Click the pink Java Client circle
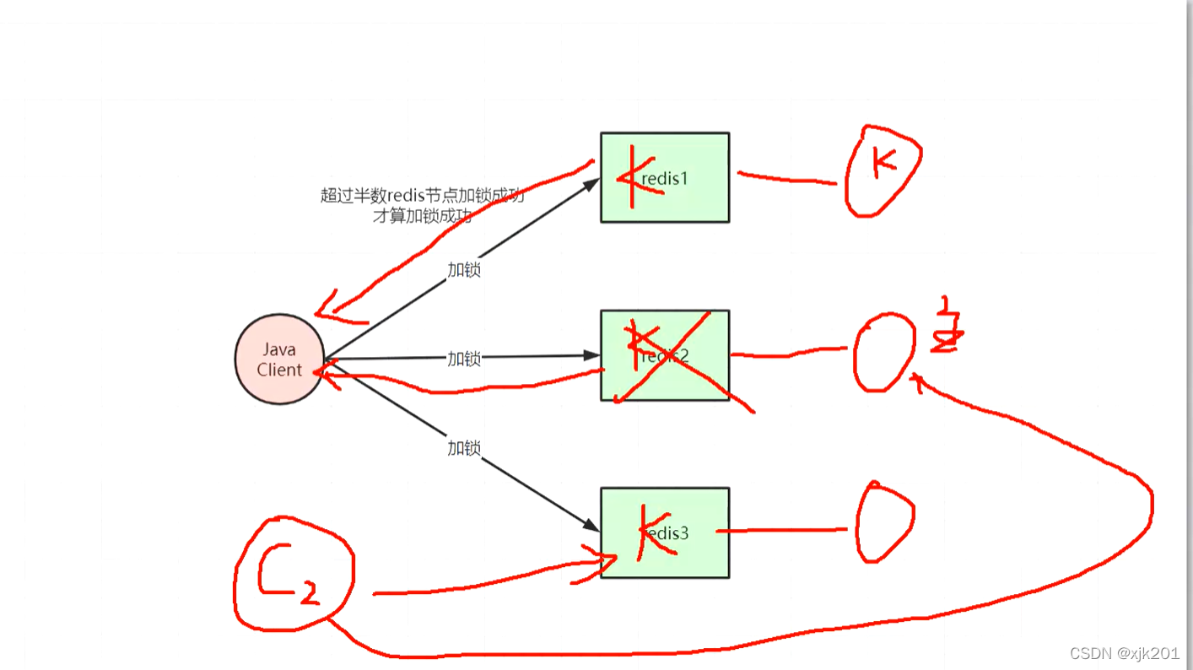[x=279, y=359]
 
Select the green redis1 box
[x=665, y=177]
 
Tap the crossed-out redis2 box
[x=665, y=355]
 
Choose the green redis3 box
[x=665, y=532]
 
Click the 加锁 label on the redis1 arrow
[x=464, y=269]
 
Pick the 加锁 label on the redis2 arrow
[x=464, y=359]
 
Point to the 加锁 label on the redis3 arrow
[x=464, y=448]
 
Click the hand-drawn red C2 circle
[x=294, y=574]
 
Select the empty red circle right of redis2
[x=883, y=353]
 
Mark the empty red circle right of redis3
[x=884, y=523]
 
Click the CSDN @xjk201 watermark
[x=1125, y=654]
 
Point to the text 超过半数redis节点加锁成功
[x=422, y=196]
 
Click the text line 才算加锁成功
[x=422, y=216]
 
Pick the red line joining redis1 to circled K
[x=786, y=178]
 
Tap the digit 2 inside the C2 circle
[x=310, y=596]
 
